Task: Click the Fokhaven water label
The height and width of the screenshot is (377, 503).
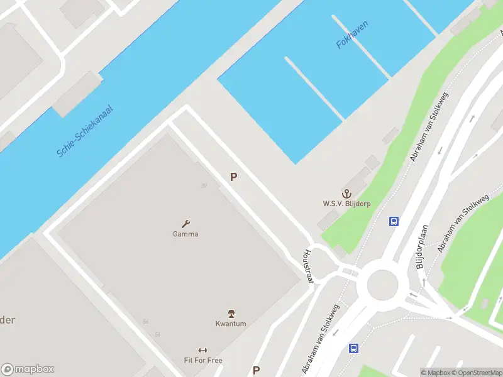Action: pos(352,35)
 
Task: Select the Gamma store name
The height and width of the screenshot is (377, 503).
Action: pos(185,234)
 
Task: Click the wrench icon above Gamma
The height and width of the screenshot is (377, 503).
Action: pos(185,223)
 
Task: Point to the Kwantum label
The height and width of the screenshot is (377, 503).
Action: pos(231,324)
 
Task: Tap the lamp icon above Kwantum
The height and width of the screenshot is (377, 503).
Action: pos(231,313)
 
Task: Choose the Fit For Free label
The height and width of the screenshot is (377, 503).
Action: pos(203,360)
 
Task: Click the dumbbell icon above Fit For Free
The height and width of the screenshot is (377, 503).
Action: pos(202,350)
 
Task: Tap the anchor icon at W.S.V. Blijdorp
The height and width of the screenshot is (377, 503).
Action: pos(345,192)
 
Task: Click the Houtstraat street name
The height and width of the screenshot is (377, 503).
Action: pos(308,265)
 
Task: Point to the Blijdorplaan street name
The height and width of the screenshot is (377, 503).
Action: pos(422,247)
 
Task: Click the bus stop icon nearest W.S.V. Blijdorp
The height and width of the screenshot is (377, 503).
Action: pos(394,221)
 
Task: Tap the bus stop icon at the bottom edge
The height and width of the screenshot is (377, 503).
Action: pos(354,348)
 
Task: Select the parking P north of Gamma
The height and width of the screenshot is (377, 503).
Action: pos(233,177)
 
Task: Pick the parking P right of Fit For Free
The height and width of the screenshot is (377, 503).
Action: pos(256,370)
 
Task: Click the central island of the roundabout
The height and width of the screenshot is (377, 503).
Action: pos(382,283)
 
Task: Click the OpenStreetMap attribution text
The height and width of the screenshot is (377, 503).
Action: pos(477,373)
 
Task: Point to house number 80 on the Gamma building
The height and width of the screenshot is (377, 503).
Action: pos(204,185)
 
